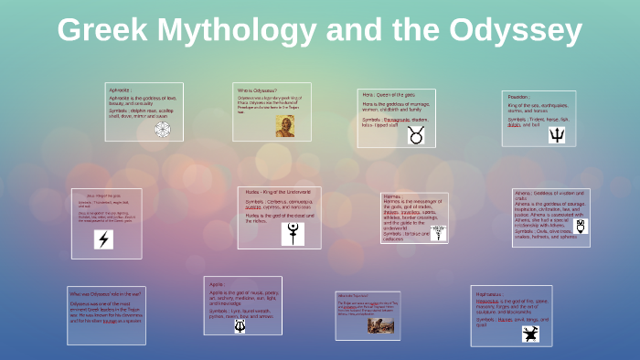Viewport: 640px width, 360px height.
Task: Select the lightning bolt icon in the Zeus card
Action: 104,239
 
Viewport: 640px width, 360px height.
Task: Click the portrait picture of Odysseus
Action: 284,125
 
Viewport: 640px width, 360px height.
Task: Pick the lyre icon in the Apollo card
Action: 240,324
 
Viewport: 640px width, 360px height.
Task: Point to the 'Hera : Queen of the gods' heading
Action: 389,93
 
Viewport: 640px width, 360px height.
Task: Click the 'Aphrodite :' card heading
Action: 120,91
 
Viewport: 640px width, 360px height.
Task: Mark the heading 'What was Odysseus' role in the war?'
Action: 105,293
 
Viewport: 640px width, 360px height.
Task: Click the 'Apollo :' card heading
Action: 217,283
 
